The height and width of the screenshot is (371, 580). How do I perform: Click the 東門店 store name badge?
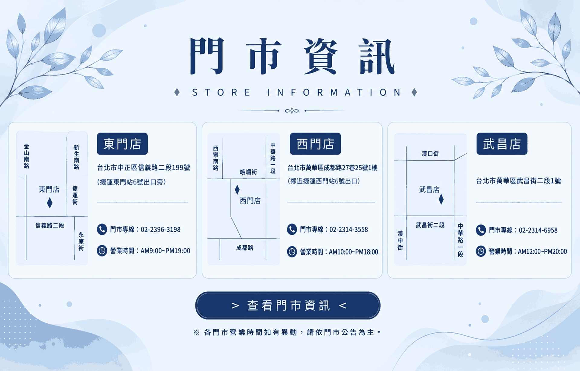tap(122, 144)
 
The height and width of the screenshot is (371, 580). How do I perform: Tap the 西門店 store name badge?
tap(315, 144)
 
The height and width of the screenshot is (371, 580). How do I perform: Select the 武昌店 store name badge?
tap(502, 144)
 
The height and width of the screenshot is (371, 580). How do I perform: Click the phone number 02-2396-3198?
tap(160, 229)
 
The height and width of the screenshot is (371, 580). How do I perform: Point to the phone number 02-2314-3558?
tap(349, 229)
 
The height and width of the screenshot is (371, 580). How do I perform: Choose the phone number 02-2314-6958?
tap(538, 230)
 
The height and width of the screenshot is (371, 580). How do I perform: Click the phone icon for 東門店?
tap(102, 229)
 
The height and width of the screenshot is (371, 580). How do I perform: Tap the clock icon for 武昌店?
tap(481, 251)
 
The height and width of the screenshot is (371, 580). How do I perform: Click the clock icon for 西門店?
tap(292, 252)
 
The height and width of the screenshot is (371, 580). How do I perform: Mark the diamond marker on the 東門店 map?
tap(50, 203)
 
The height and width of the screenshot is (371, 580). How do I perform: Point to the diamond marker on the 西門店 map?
tap(237, 190)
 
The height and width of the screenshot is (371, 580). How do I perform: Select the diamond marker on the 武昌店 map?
tap(441, 199)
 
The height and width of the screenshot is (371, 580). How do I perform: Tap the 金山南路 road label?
tap(27, 156)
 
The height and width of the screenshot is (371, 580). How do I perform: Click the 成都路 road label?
tap(245, 248)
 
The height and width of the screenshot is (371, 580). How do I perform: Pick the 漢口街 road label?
tap(430, 154)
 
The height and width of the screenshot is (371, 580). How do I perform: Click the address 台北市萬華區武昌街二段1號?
tap(518, 181)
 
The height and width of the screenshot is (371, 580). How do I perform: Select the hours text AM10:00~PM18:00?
tap(353, 252)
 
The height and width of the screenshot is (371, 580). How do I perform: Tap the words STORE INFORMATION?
tap(296, 92)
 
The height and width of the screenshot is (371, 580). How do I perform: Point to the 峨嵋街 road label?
tap(248, 172)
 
